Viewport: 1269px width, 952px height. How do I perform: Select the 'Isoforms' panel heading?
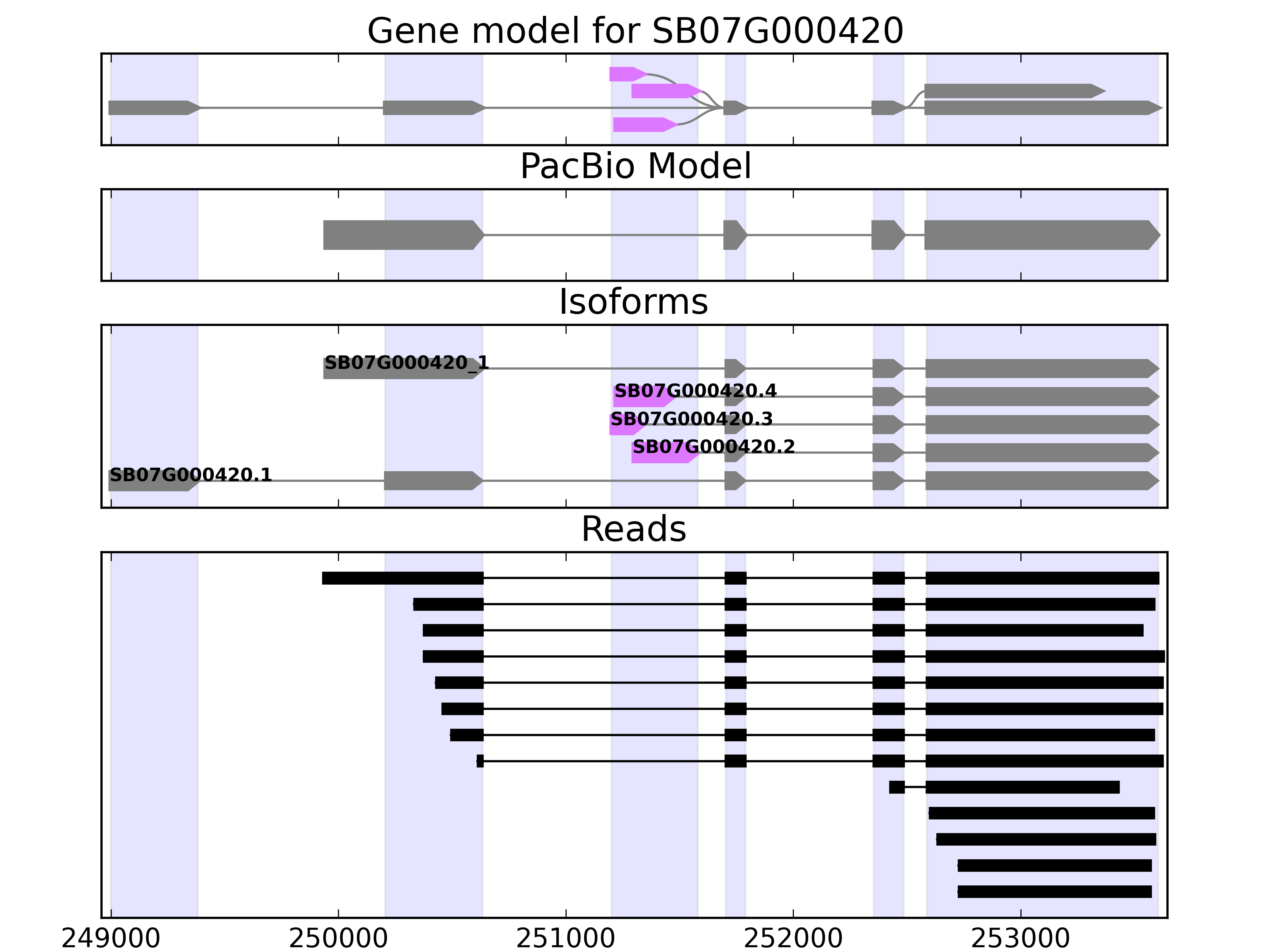click(x=633, y=302)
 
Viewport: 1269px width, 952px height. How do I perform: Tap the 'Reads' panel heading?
click(x=633, y=529)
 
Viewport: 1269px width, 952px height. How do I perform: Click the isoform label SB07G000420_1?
click(x=406, y=363)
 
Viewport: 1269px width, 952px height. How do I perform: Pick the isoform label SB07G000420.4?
click(x=695, y=392)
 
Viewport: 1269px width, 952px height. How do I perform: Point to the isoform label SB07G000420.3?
click(x=691, y=420)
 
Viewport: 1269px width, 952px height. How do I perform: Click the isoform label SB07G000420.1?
click(x=190, y=475)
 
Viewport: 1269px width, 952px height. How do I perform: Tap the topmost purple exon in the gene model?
click(x=627, y=74)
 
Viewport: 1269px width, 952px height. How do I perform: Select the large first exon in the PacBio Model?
click(x=402, y=235)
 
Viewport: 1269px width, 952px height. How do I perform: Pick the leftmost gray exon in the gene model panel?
click(x=152, y=108)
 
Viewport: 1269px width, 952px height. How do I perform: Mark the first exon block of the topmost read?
click(x=402, y=578)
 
